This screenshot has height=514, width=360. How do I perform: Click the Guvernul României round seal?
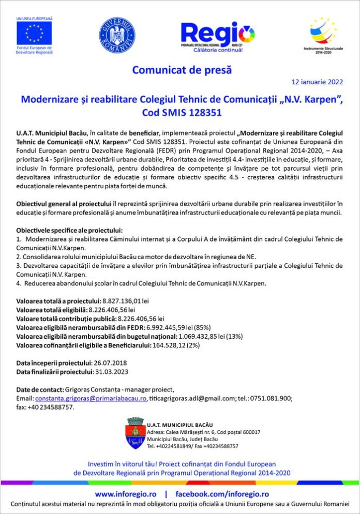click(x=117, y=35)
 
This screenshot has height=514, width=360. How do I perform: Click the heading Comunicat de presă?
click(x=182, y=69)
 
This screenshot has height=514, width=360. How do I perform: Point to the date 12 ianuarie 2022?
click(x=317, y=82)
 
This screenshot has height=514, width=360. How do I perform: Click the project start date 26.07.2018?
click(x=110, y=362)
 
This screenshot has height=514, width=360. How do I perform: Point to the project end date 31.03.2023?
click(x=111, y=371)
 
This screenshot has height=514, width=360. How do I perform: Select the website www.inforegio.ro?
click(x=125, y=494)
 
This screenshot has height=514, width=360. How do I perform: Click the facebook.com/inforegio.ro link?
click(x=222, y=494)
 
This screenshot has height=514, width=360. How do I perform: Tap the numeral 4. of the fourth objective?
click(x=19, y=283)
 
